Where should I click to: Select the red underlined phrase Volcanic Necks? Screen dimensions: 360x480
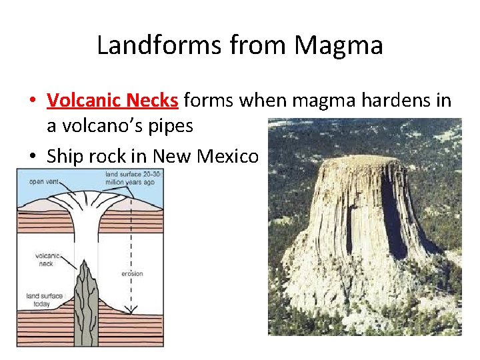[113, 101]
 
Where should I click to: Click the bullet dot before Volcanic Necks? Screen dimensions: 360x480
[32, 101]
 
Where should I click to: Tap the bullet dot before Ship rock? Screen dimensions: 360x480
[32, 157]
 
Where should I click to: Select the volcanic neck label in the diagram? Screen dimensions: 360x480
[47, 259]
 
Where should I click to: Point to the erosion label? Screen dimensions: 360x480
[132, 273]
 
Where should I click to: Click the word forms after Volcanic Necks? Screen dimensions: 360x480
[209, 101]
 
